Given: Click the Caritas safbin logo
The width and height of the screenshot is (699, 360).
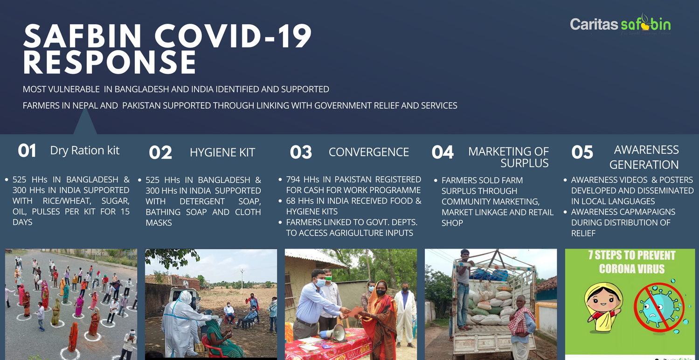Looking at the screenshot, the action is pos(620,24).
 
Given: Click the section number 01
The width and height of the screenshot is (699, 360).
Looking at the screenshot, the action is pos(27,151).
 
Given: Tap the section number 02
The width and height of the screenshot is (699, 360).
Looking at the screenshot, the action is pos(160,152).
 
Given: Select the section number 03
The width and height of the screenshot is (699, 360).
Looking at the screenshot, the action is pos(301,152).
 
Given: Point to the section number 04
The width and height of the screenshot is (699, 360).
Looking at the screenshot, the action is pos(443,152).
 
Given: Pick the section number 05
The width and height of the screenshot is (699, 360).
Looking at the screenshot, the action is pos(582,152).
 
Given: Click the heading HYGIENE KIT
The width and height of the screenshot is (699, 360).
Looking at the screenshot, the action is pos(222,152).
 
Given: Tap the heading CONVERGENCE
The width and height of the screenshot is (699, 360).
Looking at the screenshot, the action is pos(368,152).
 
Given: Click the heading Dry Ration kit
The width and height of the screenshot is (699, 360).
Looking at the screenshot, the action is pos(84,151).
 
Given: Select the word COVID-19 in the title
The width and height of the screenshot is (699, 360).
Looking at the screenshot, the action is pos(233,36).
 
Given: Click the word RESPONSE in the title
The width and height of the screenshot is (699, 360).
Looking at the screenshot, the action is pos(110,62).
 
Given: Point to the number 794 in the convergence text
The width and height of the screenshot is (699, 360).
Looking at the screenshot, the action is pos(293,180).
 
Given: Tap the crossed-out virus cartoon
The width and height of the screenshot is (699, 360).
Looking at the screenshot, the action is pos(659,307).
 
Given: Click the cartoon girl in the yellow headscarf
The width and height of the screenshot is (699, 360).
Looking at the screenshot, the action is pos(603,307).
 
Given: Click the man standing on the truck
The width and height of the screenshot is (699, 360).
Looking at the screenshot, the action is pos(464,290).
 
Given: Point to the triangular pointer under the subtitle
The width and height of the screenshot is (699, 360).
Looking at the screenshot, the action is pos(85,122).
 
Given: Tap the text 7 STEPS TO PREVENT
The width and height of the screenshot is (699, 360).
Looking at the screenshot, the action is pos(631,256).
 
